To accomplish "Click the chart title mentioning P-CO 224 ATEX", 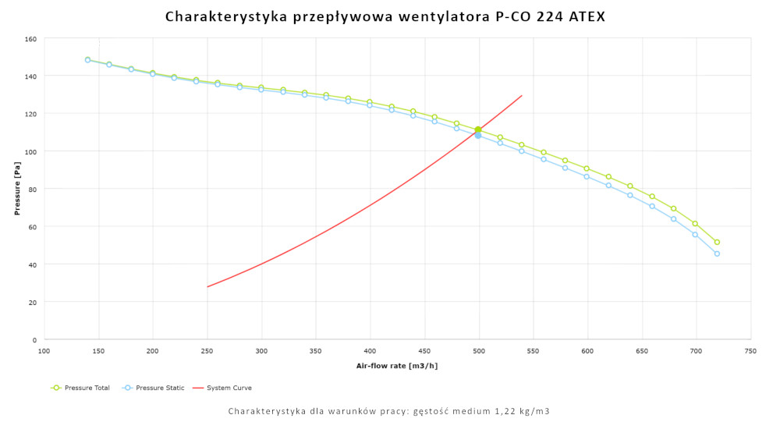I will (385, 16).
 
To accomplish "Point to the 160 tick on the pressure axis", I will (30, 38).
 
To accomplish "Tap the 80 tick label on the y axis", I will (33, 189).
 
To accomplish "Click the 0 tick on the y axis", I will (35, 340).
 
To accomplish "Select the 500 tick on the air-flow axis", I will (479, 352).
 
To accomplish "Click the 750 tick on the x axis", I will (750, 352).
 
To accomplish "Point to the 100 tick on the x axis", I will (44, 352).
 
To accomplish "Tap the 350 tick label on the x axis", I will (316, 352).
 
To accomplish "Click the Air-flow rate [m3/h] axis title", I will (397, 365).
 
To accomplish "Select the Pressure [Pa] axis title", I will (16, 189).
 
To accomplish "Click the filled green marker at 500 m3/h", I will (478, 130).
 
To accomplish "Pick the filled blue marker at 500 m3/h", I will (478, 136).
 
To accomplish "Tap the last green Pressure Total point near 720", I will (717, 242).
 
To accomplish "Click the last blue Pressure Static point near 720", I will (717, 254).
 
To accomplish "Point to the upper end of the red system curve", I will (521, 96).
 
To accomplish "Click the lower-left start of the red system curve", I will (207, 287).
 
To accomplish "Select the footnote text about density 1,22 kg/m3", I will (389, 411).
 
